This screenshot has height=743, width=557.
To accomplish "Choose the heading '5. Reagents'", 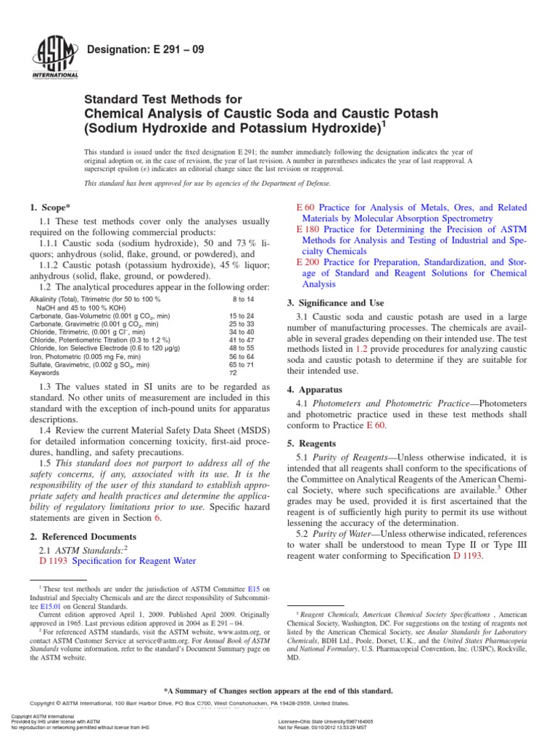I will tap(314, 443).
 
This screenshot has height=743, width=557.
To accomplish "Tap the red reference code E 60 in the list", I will tap(305, 208).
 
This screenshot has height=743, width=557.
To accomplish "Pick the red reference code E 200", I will tap(308, 261).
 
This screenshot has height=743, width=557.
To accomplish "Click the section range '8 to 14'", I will tap(244, 299).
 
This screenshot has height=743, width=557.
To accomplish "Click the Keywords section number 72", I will tap(234, 374).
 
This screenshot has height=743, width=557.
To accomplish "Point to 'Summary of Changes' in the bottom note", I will tap(210, 691).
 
